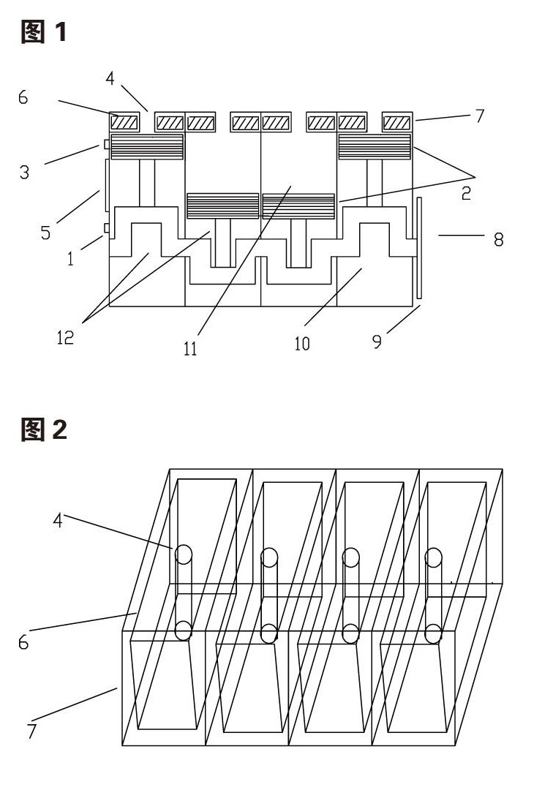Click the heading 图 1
[x=43, y=32]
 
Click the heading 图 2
[x=44, y=430]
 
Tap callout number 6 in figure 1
[x=23, y=97]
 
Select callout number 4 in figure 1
[x=110, y=78]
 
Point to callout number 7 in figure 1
[x=479, y=116]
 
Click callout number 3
[x=24, y=173]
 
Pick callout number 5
[x=46, y=233]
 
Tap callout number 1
[x=70, y=258]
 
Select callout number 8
[x=498, y=239]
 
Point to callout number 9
[x=377, y=342]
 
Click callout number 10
[x=301, y=344]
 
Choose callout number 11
[x=190, y=348]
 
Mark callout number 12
[x=66, y=337]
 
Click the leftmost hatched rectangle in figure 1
[x=124, y=122]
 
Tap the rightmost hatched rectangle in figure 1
[x=397, y=122]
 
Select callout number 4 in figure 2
[x=58, y=521]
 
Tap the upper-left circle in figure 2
[x=184, y=554]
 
